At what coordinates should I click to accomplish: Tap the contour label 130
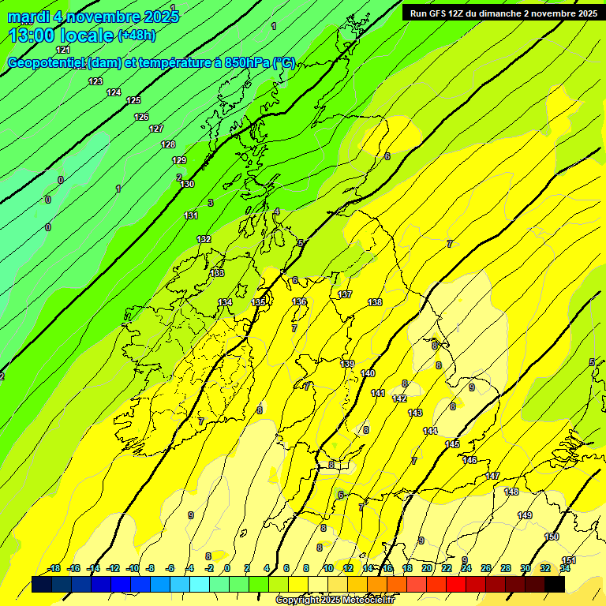187,184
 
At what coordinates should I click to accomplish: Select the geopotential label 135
259,302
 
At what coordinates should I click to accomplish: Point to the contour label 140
368,373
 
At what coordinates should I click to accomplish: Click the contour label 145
452,445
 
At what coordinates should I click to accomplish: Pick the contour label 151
568,560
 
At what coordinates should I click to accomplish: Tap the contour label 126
141,117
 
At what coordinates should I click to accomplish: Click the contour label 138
375,302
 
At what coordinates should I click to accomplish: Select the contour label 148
511,492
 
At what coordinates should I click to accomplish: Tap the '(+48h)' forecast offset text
137,36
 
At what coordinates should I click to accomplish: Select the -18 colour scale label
54,568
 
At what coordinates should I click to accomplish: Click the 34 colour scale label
565,568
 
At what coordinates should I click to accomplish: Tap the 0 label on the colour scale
226,568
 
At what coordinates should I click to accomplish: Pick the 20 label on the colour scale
427,568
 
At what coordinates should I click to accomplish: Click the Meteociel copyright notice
334,600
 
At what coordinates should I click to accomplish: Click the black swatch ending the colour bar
555,584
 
